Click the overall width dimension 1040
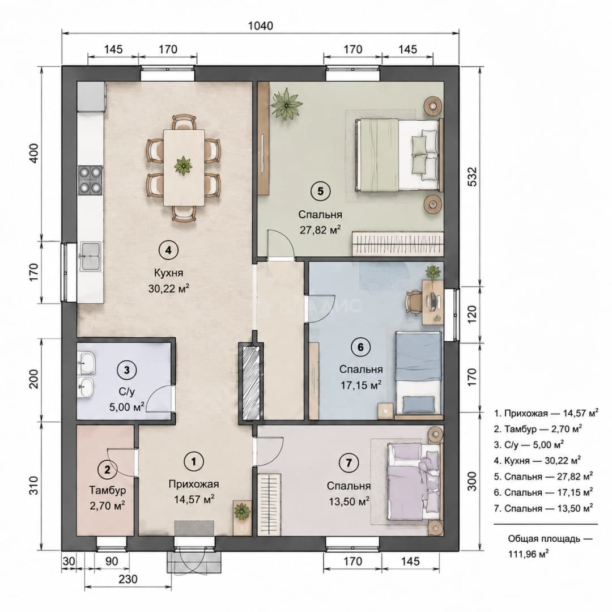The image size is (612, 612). [x=260, y=25]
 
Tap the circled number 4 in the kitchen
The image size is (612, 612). [x=168, y=250]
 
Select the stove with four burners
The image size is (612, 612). [x=91, y=180]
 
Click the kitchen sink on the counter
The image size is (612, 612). [x=91, y=256]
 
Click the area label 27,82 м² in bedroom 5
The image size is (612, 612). [x=320, y=230]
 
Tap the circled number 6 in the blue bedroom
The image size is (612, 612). [x=360, y=347]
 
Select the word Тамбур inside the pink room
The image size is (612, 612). [x=107, y=490]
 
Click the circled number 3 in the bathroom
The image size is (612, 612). [x=127, y=369]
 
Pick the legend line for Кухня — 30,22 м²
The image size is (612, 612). [x=537, y=461]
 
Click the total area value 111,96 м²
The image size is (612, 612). [x=528, y=554]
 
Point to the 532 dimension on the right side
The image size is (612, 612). [x=472, y=176]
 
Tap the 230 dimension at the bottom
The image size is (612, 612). [x=128, y=579]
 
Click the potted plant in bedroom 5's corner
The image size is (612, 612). [x=287, y=104]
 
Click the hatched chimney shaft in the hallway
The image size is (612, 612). [x=250, y=383]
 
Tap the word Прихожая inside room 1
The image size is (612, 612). [x=194, y=484]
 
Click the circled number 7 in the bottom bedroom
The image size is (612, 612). [x=348, y=463]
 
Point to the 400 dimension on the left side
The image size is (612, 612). [x=35, y=154]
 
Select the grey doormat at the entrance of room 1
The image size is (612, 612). [x=194, y=528]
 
